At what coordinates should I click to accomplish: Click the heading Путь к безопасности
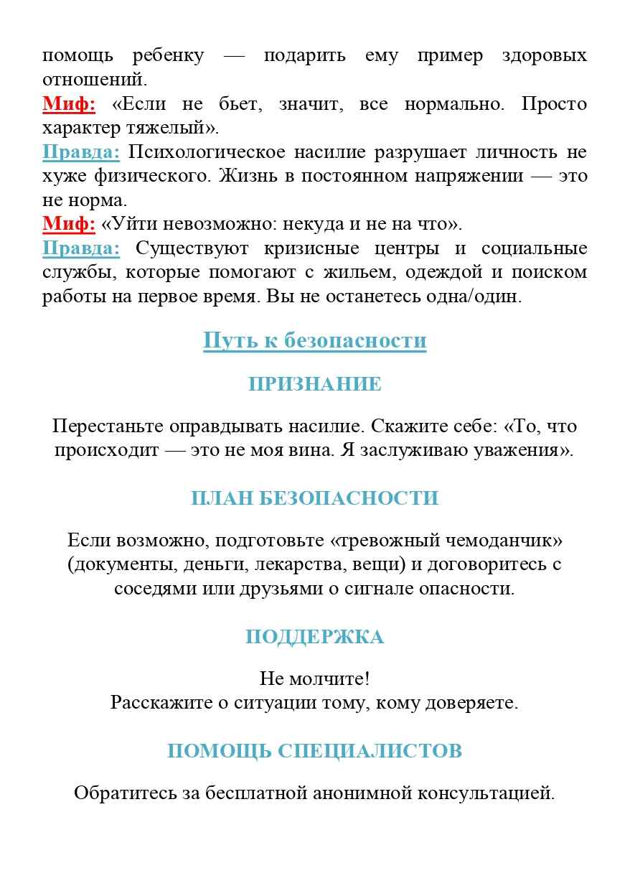coord(314,340)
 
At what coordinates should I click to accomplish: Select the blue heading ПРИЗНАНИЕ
coord(314,384)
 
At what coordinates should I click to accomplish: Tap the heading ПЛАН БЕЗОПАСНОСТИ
coord(314,498)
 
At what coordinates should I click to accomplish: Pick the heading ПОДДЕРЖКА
coord(314,637)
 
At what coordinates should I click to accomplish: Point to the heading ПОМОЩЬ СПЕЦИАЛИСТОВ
coord(314,751)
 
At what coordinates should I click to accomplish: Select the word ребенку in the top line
coord(168,56)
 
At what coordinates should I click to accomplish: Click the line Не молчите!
coord(314,678)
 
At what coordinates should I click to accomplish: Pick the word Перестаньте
coord(108,426)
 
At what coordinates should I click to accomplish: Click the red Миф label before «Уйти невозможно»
coord(69,224)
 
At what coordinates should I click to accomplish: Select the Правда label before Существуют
coord(81,248)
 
